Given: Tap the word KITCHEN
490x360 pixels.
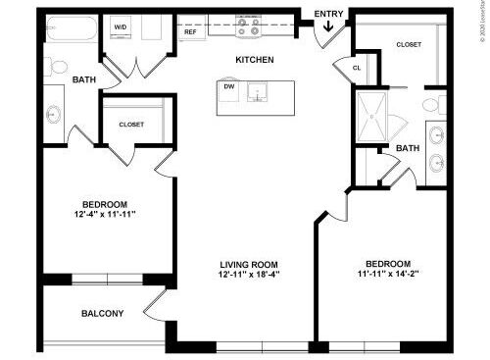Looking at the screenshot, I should click(x=254, y=61).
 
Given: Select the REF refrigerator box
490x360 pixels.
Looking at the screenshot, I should click(x=190, y=31).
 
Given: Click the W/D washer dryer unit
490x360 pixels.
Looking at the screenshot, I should click(x=121, y=27).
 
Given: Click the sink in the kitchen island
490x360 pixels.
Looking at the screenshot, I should click(x=257, y=92).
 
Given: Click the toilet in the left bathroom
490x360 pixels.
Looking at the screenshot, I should click(x=58, y=67).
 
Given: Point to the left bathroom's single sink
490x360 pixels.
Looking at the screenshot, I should click(x=53, y=112).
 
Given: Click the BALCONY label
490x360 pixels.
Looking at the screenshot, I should click(x=102, y=314).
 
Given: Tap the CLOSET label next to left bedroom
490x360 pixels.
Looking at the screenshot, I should click(x=131, y=125).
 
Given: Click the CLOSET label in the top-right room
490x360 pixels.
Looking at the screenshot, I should click(x=409, y=44).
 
